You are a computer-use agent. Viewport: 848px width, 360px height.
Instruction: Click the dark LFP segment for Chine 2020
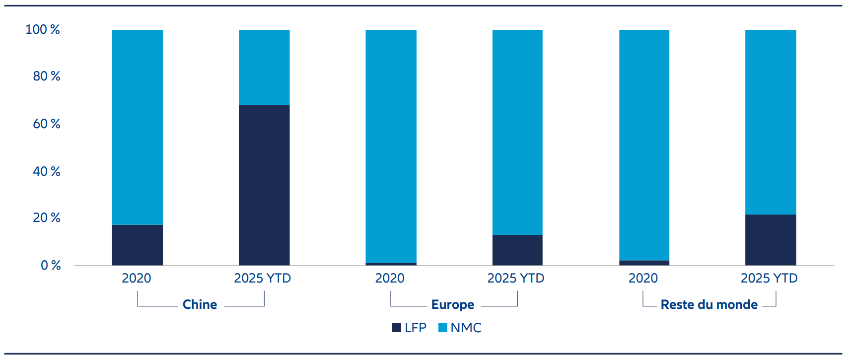[138, 245]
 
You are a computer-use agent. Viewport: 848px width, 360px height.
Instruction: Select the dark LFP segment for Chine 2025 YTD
[264, 185]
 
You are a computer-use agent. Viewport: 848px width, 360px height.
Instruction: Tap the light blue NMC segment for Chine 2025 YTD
[264, 68]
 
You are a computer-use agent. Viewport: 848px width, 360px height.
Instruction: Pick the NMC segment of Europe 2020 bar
[391, 146]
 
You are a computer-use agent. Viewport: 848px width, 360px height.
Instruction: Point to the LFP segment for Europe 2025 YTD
[517, 250]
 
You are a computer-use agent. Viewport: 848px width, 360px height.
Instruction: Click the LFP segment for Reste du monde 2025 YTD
[771, 240]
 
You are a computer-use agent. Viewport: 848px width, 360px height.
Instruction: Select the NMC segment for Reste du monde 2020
[644, 145]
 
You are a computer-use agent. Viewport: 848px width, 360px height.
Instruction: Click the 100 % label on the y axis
[42, 29]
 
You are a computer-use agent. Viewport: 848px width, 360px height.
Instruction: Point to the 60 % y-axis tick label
[47, 124]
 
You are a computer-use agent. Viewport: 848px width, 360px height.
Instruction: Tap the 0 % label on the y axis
[51, 265]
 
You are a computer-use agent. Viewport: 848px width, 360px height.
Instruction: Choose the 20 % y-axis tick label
[47, 217]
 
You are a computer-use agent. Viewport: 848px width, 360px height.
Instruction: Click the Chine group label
[200, 304]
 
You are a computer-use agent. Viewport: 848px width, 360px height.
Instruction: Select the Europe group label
[453, 304]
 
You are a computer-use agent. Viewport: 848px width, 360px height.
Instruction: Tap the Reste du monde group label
[709, 304]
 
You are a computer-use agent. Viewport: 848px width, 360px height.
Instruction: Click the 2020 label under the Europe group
[390, 278]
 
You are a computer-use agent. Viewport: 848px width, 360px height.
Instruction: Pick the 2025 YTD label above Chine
[262, 278]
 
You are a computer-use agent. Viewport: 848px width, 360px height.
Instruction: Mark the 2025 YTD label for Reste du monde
[769, 278]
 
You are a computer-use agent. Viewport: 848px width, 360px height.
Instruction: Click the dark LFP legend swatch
[396, 328]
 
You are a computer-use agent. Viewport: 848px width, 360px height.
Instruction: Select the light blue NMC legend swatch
[442, 328]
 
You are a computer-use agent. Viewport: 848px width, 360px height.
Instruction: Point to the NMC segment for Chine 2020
[138, 127]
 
